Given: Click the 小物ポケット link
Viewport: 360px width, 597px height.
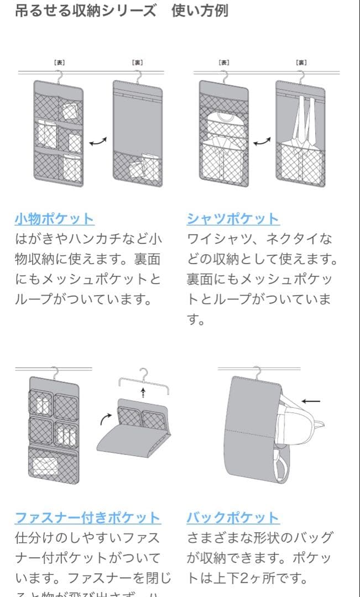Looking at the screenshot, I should (x=54, y=218).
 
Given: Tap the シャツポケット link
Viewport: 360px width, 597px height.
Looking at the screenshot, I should (x=233, y=218).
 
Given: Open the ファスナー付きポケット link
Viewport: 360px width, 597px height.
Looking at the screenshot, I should (x=87, y=518).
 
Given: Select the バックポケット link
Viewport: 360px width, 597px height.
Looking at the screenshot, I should (x=233, y=518).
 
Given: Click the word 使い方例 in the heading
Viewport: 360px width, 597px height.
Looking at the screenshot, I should (x=200, y=11).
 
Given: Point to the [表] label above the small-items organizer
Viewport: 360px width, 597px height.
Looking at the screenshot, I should (x=59, y=62).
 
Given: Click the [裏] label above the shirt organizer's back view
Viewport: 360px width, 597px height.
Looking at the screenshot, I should (x=301, y=62).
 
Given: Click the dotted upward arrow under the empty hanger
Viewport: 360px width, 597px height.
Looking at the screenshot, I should (x=143, y=393).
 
